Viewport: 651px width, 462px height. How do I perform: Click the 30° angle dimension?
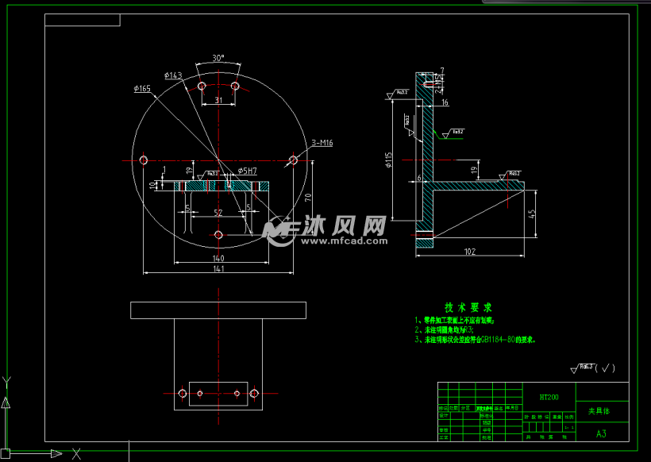218,58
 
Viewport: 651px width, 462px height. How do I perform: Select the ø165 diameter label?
143,89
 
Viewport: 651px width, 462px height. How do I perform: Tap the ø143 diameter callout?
174,75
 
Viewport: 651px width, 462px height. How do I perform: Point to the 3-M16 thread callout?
322,143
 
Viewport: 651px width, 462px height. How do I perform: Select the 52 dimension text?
218,213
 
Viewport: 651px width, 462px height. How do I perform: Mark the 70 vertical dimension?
306,194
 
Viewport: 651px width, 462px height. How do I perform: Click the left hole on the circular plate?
144,160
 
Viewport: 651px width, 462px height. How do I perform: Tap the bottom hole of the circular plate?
218,235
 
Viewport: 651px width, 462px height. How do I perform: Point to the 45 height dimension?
533,213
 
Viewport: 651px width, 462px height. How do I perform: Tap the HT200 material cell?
549,396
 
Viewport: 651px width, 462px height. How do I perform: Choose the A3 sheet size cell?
601,433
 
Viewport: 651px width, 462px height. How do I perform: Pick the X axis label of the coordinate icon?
76,454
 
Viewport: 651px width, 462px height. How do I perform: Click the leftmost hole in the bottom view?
183,393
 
